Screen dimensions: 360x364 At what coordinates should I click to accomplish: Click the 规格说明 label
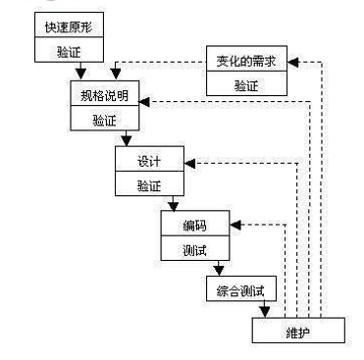point(104,97)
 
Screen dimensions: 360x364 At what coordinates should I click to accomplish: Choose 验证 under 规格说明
point(104,121)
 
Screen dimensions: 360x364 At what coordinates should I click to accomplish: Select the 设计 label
point(149,160)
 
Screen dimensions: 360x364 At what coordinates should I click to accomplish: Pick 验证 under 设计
point(149,184)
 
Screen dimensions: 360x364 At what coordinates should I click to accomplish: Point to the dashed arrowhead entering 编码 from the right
point(237,225)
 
